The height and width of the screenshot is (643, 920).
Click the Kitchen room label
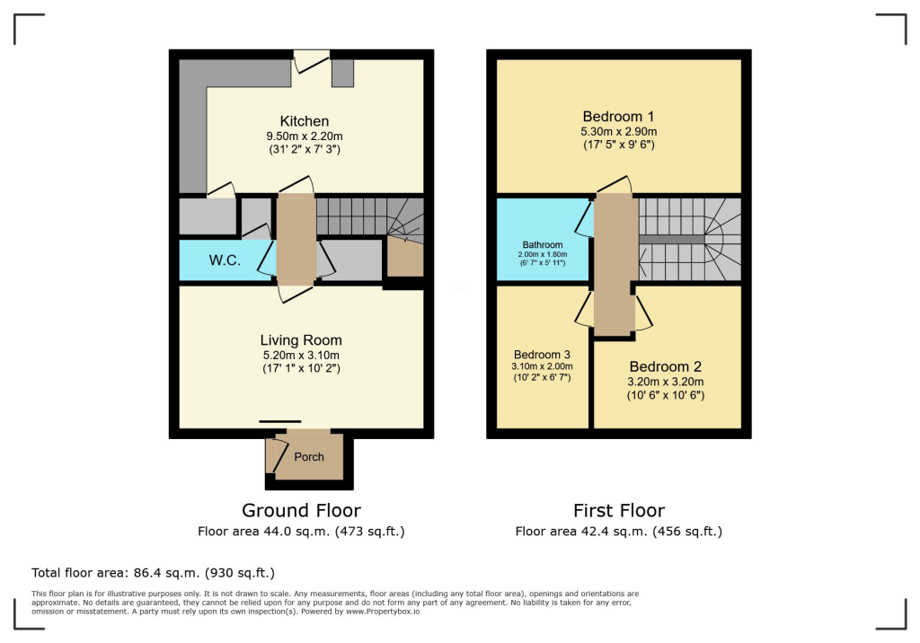tap(304, 121)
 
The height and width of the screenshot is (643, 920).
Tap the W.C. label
tap(224, 261)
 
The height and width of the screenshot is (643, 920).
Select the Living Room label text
tap(301, 340)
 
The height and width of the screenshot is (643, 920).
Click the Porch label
tap(309, 457)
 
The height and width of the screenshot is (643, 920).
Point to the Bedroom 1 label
tap(618, 117)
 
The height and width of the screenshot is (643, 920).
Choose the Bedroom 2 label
tap(665, 367)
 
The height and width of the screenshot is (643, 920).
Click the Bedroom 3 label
tap(543, 354)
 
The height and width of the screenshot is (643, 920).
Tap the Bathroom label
tap(543, 244)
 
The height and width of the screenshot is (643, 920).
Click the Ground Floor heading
tap(301, 511)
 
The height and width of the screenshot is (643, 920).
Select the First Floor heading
tap(618, 511)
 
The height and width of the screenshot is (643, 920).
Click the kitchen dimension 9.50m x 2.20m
tap(304, 137)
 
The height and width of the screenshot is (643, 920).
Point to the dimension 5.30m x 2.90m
tap(618, 132)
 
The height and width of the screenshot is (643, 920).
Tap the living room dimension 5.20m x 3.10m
tap(301, 355)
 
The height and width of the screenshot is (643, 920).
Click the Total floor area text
tap(153, 572)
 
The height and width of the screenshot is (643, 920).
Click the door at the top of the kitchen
tap(311, 60)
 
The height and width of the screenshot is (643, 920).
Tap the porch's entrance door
tap(272, 456)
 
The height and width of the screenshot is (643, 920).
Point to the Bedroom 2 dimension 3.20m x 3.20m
tap(665, 382)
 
